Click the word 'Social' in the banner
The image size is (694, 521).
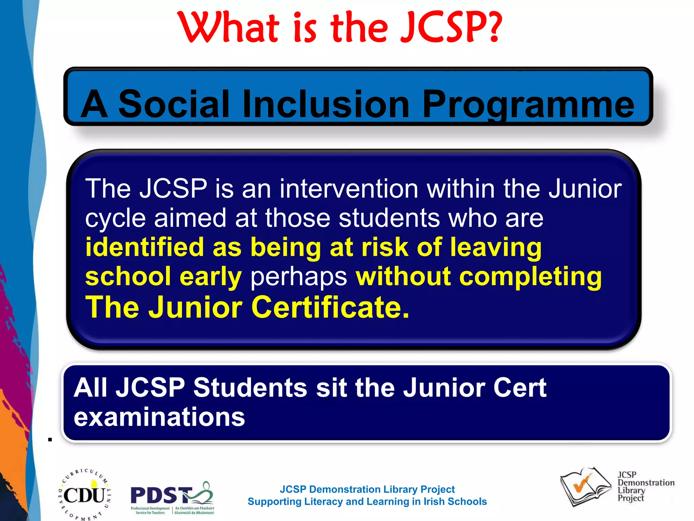tap(174, 104)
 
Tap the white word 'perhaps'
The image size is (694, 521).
tap(299, 276)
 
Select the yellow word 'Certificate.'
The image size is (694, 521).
tap(330, 307)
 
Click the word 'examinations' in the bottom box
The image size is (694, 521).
tap(159, 417)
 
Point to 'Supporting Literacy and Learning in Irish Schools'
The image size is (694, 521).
tap(367, 501)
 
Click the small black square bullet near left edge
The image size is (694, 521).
tap(50, 440)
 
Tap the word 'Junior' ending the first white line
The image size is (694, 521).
tap(585, 189)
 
